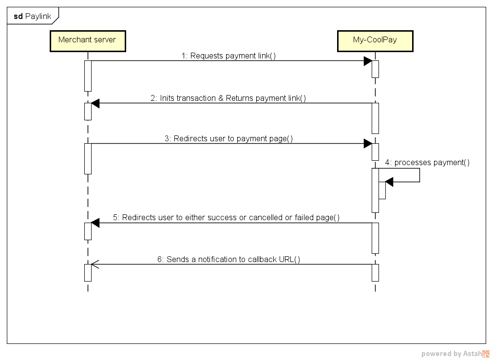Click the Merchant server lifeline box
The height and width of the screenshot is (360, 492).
pyautogui.click(x=87, y=40)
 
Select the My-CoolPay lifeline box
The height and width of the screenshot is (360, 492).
pyautogui.click(x=375, y=40)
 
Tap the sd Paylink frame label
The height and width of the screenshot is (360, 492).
pyautogui.click(x=32, y=16)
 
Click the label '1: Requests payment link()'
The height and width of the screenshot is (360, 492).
pyautogui.click(x=228, y=56)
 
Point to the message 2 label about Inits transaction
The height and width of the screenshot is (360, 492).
pyautogui.click(x=228, y=98)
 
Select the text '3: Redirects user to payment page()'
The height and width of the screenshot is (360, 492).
pyautogui.click(x=228, y=138)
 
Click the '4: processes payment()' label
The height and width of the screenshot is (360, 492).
pyautogui.click(x=427, y=162)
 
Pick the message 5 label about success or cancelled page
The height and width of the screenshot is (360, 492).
pyautogui.click(x=226, y=217)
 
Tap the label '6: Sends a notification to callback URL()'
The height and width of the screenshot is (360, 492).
pyautogui.click(x=228, y=259)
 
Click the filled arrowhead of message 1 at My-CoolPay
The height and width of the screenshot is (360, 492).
pyautogui.click(x=368, y=61)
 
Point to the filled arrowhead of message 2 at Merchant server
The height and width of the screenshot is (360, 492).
pyautogui.click(x=95, y=103)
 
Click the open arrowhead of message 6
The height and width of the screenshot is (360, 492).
pyautogui.click(x=95, y=265)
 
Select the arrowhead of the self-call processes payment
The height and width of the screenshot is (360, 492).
pyautogui.click(x=389, y=182)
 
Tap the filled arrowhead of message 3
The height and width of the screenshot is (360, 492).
pyautogui.click(x=368, y=143)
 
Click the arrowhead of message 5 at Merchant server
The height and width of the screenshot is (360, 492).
pyautogui.click(x=95, y=223)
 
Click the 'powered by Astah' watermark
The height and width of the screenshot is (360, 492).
pyautogui.click(x=451, y=354)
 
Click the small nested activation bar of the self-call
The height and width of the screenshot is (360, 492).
pyautogui.click(x=382, y=190)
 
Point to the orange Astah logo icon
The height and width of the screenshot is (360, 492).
pyautogui.click(x=486, y=354)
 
